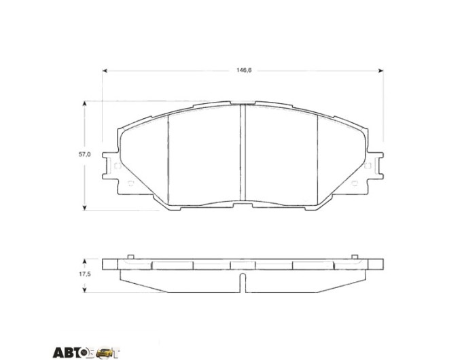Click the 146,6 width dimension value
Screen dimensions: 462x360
pyautogui.click(x=244, y=70)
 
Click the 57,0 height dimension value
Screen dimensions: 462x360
pyautogui.click(x=84, y=154)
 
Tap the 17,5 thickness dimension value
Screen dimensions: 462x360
pyautogui.click(x=84, y=274)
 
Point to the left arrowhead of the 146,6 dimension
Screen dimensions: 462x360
pyautogui.click(x=105, y=71)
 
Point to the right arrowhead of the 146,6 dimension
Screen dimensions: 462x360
pyautogui.click(x=381, y=71)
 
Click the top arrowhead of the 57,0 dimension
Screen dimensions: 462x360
pyautogui.click(x=85, y=103)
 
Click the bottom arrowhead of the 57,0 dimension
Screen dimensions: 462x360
pyautogui.click(x=85, y=208)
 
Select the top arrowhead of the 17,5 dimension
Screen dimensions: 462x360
pyautogui.click(x=85, y=262)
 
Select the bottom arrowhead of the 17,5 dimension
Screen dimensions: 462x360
pyautogui.click(x=85, y=290)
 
